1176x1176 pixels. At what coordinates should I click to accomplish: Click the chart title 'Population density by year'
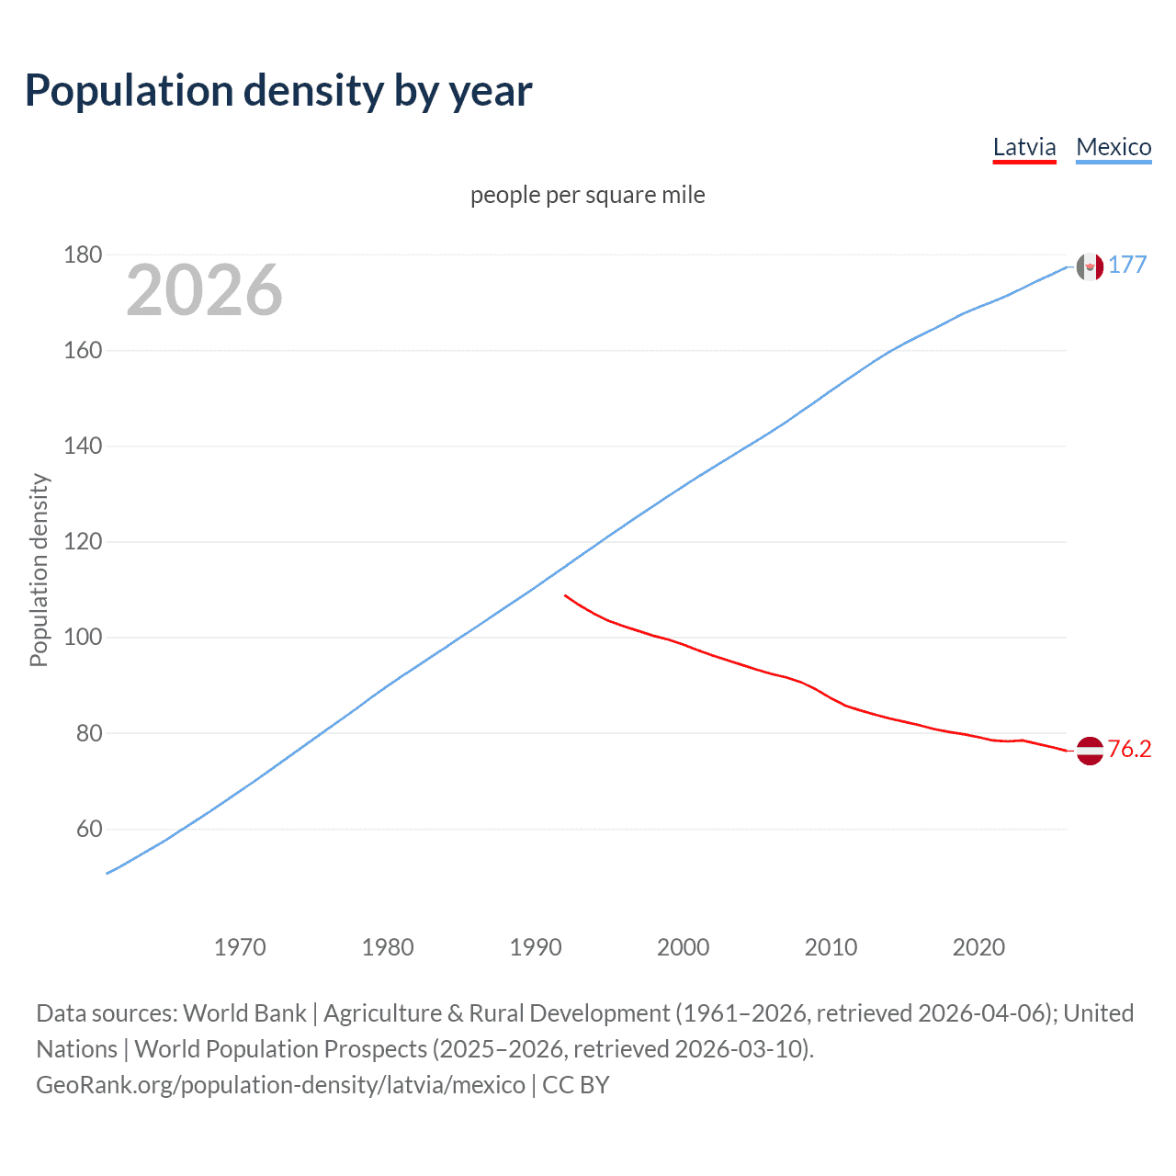(x=278, y=91)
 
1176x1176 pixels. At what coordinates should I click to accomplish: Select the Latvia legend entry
(x=1024, y=147)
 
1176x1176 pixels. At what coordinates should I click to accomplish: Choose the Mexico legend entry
(x=1114, y=147)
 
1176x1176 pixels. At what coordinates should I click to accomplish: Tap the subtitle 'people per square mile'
(x=587, y=195)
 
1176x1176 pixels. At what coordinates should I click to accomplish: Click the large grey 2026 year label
(x=204, y=290)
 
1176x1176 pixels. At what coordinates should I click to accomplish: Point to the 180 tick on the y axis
(x=83, y=254)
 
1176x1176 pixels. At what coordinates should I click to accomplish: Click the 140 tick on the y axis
(x=83, y=447)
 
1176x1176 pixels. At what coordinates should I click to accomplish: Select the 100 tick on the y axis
(x=83, y=638)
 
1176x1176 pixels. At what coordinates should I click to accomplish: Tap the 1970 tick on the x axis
(x=240, y=947)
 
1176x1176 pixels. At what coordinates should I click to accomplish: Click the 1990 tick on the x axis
(x=536, y=947)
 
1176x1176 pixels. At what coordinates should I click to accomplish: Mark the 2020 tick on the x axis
(x=978, y=947)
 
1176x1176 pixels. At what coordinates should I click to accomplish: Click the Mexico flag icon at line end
(x=1090, y=266)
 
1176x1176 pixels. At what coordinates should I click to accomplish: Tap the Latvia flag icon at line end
(x=1090, y=751)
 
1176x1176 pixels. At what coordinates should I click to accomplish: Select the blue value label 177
(x=1127, y=265)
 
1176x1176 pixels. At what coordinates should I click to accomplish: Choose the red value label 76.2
(x=1129, y=749)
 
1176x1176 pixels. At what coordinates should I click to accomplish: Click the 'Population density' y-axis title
(x=39, y=570)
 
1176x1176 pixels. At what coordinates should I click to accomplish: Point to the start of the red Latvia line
(x=565, y=595)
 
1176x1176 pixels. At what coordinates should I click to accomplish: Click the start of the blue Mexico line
(x=107, y=873)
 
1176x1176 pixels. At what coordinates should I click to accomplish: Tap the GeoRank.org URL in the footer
(x=280, y=1085)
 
